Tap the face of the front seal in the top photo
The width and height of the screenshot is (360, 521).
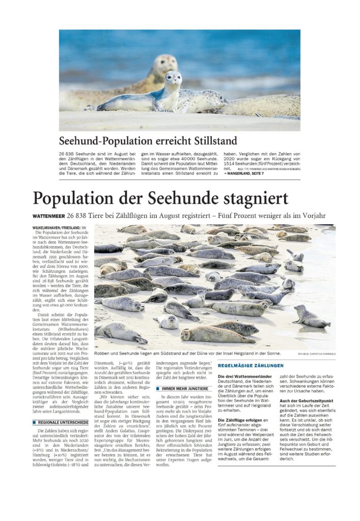(x=173, y=79)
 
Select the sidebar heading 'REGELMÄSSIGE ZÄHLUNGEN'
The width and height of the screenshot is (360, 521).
(x=251, y=366)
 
